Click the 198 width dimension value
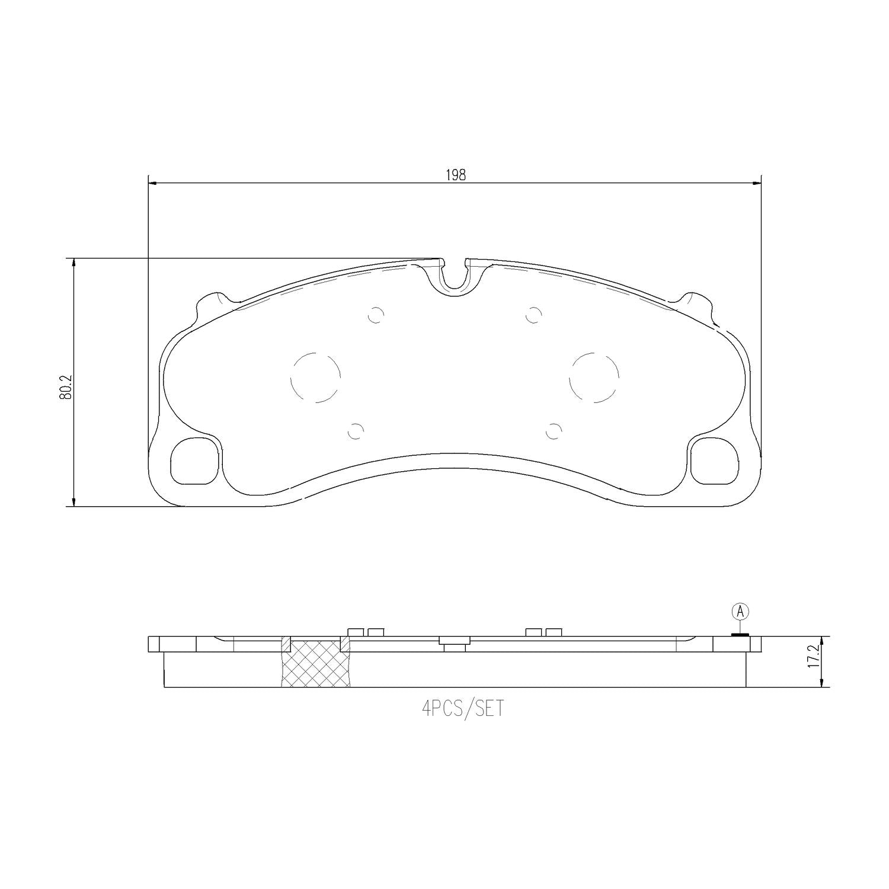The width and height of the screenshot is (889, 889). coord(455,175)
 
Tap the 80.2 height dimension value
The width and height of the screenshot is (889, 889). coord(65,386)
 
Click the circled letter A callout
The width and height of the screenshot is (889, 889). coord(740,611)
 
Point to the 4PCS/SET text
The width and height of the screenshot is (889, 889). coord(462,709)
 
